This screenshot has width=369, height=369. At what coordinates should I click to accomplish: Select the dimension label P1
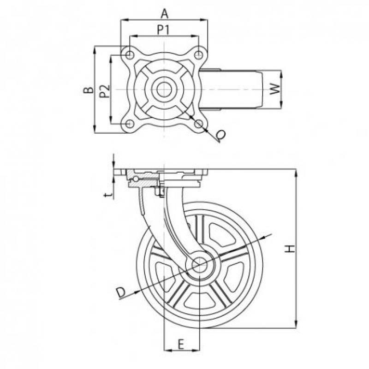(x=163, y=30)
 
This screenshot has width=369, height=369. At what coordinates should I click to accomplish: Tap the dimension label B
(x=89, y=89)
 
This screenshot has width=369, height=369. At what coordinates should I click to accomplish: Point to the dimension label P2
(x=105, y=91)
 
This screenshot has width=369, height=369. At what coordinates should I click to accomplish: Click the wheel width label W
(x=274, y=89)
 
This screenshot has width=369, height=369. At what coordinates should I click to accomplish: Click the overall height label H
(x=290, y=249)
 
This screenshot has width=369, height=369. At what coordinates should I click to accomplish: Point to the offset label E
(x=180, y=345)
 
